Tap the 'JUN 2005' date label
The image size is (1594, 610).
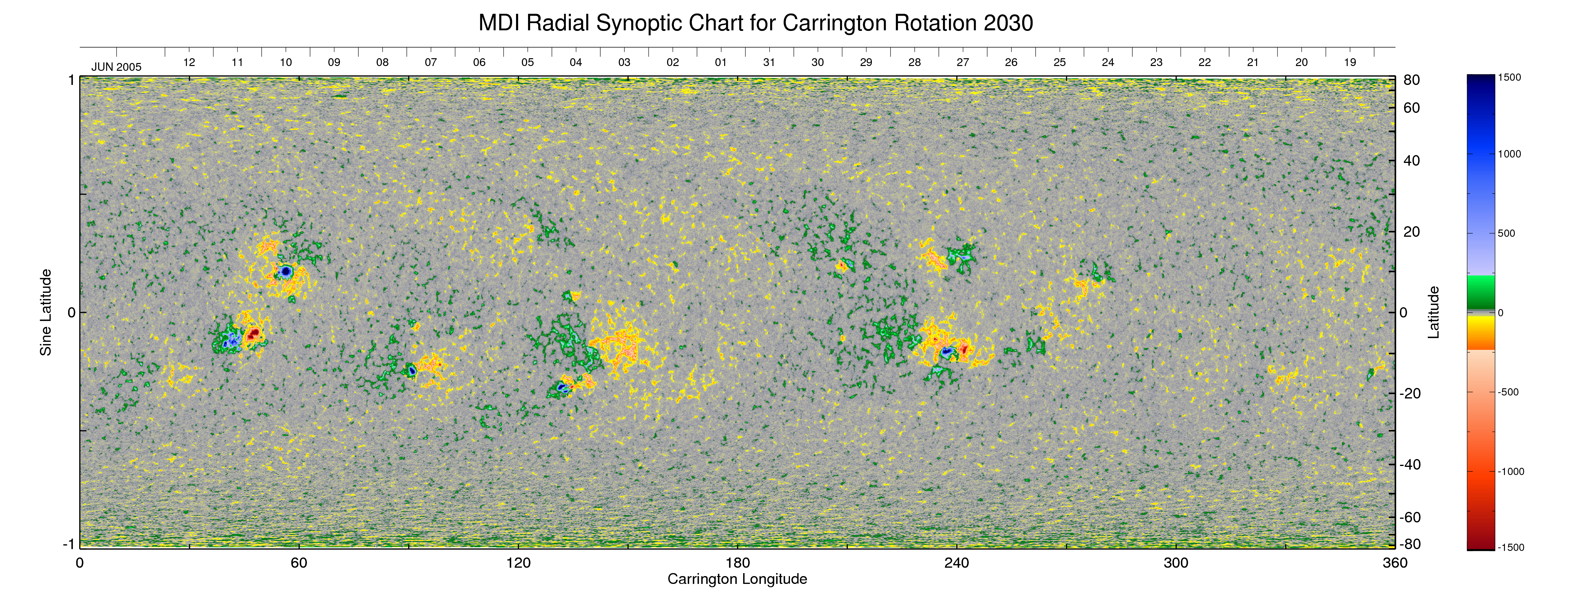click(116, 67)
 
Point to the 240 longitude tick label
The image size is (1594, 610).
click(957, 563)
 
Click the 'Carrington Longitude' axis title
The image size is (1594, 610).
click(737, 579)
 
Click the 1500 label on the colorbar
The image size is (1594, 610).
click(1509, 77)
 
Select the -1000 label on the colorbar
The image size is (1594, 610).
click(1511, 471)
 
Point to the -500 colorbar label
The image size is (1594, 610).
click(1508, 392)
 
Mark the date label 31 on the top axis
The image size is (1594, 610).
click(769, 62)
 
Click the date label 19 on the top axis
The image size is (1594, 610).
click(1349, 62)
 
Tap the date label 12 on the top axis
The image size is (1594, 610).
click(189, 62)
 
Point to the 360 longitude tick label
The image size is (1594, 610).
click(1395, 563)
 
